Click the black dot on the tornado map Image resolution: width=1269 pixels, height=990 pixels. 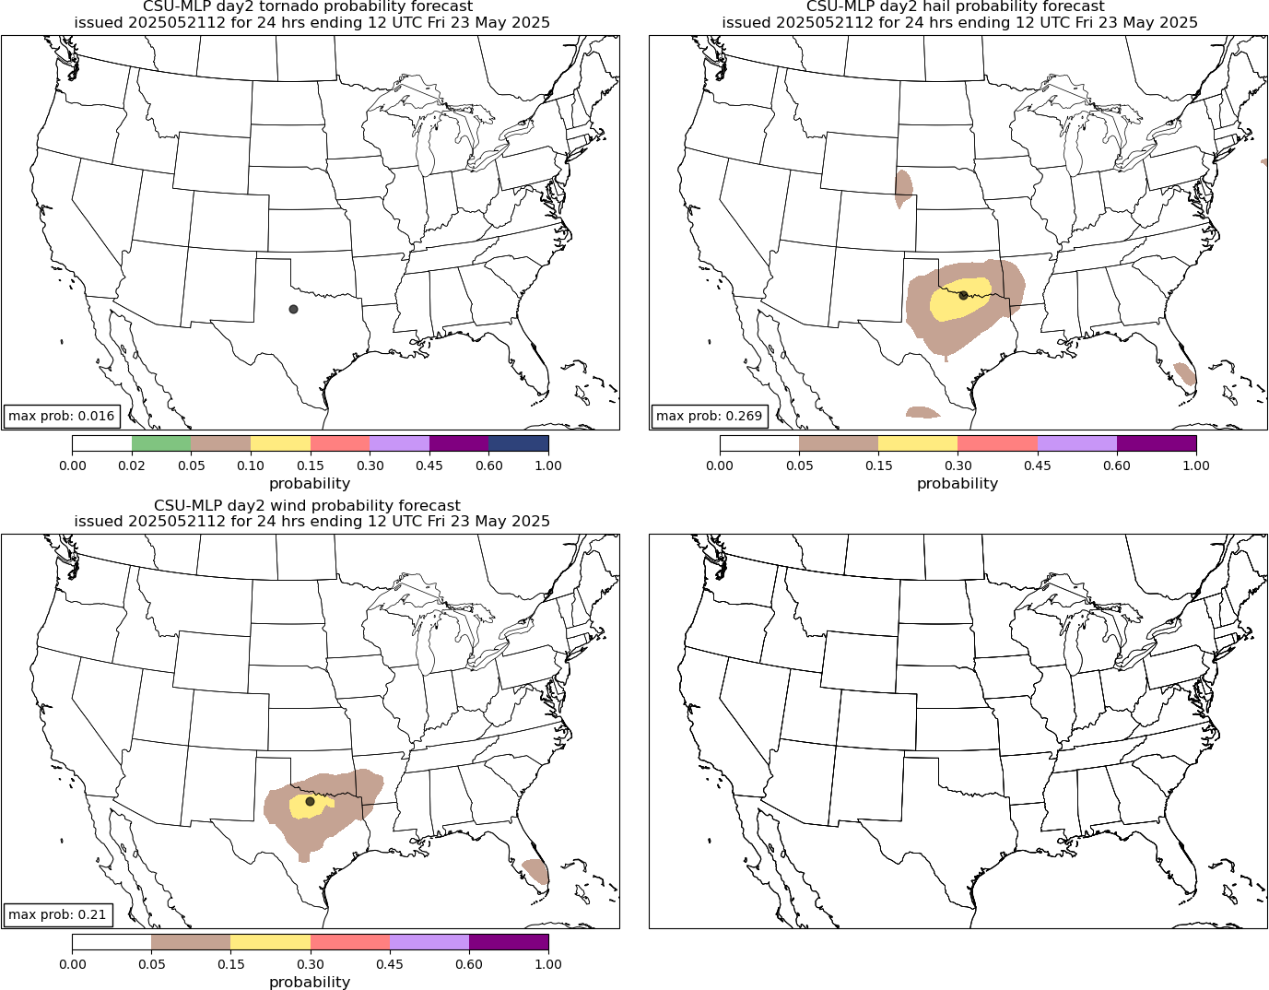(293, 309)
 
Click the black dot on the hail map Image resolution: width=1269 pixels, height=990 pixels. (963, 295)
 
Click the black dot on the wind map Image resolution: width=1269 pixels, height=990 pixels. (310, 801)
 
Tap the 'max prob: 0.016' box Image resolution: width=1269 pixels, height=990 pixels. (62, 416)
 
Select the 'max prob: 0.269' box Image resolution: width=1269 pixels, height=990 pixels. (709, 416)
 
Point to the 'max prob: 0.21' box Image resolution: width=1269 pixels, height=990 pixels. (57, 915)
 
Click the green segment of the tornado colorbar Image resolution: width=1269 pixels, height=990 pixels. (161, 443)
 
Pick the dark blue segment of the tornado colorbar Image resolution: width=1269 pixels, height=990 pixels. (518, 443)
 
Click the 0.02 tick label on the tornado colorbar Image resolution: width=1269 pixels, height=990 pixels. (132, 466)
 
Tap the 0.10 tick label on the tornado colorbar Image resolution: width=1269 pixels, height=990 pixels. (251, 466)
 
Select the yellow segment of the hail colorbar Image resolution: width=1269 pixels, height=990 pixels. (918, 443)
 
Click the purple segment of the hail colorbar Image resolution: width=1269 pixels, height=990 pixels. (1156, 443)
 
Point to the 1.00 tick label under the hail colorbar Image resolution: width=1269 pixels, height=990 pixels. (1195, 466)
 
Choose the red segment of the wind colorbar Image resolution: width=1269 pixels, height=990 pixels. (350, 942)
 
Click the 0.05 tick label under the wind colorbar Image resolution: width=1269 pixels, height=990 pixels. (151, 964)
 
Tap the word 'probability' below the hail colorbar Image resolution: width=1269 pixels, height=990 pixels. (958, 483)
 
